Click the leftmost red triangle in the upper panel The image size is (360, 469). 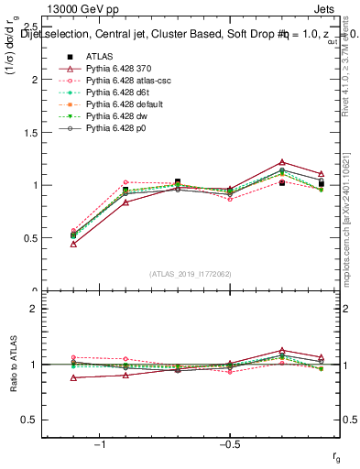pos(73,244)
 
